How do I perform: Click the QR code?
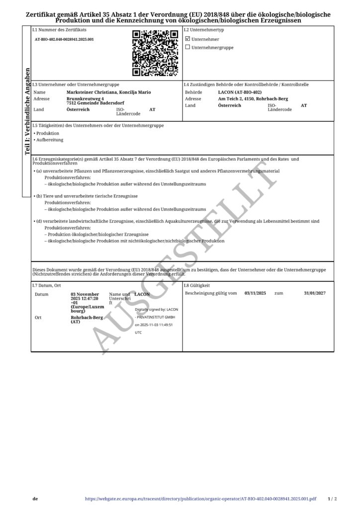(x=155, y=53)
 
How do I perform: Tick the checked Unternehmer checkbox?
(x=187, y=38)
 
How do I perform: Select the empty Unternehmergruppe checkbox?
(x=187, y=47)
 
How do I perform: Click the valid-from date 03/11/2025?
(x=256, y=294)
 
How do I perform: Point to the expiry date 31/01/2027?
(x=314, y=294)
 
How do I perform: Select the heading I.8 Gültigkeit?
(x=196, y=286)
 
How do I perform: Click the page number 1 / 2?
(x=333, y=498)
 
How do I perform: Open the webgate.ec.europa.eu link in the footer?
(x=201, y=498)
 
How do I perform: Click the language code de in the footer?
(x=35, y=498)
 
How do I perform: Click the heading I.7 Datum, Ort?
(x=46, y=286)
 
